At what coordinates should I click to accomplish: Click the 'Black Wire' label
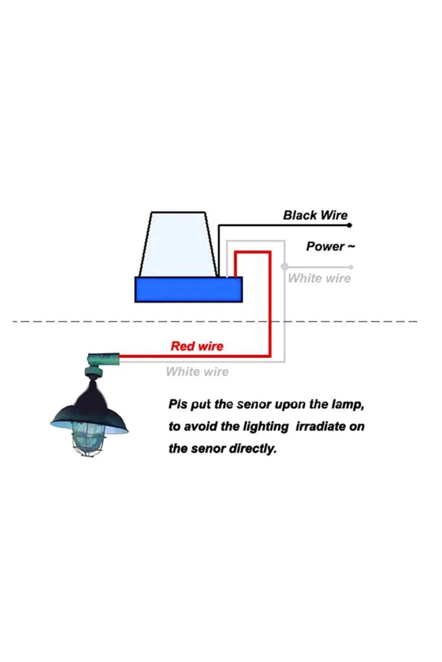(315, 215)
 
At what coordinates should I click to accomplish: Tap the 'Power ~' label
(330, 246)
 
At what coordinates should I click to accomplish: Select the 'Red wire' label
(197, 346)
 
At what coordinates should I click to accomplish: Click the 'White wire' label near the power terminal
(319, 278)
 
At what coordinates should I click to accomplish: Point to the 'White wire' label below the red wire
(197, 372)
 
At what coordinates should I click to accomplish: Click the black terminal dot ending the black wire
(350, 225)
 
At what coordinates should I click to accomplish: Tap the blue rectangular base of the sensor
(188, 290)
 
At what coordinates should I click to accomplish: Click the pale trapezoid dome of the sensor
(178, 244)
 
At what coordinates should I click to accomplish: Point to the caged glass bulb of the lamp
(88, 439)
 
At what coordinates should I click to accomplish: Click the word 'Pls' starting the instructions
(178, 405)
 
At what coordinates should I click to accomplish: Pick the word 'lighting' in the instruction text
(266, 427)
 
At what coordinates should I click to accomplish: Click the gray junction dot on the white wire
(284, 266)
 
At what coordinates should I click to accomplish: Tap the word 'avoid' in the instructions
(202, 427)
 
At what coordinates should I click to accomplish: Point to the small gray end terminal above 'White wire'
(351, 267)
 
